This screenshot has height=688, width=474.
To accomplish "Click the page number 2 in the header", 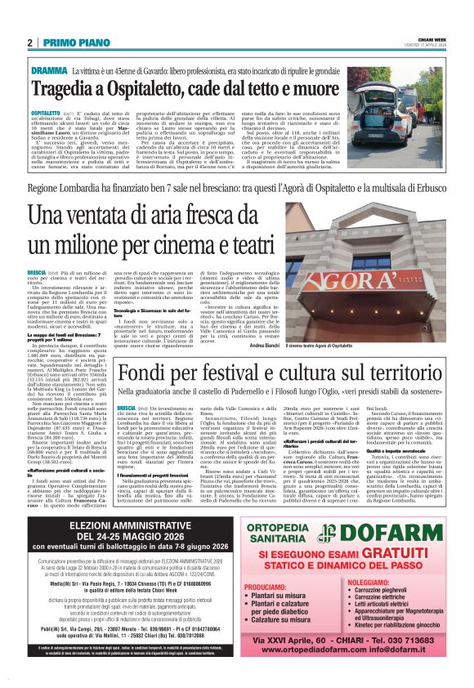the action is (x=29, y=42).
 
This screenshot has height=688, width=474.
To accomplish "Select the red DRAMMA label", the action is (x=50, y=71).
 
